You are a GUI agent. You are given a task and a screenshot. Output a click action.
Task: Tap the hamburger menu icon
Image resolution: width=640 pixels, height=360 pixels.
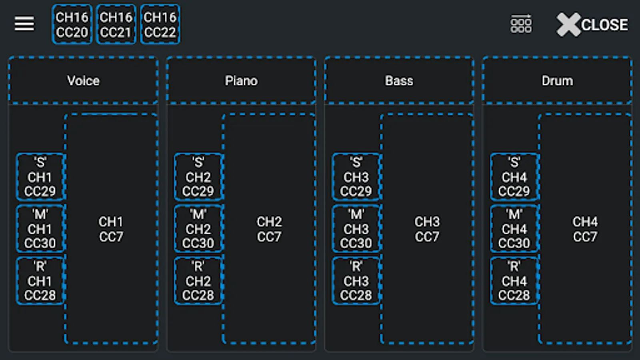point(24,24)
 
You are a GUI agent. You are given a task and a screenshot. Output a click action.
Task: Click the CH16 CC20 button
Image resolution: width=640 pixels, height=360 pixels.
point(72,24)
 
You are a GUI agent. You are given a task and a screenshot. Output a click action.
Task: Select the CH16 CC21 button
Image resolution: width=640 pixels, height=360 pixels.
point(116,24)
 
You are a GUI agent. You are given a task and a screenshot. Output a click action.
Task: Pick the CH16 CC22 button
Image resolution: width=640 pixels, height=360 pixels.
point(160,24)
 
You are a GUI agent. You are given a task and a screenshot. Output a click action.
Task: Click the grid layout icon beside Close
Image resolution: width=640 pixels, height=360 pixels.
point(521,24)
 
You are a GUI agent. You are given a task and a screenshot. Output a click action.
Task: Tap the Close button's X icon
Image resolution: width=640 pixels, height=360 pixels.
point(568,24)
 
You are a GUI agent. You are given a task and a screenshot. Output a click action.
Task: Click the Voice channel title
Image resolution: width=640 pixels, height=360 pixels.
point(83,80)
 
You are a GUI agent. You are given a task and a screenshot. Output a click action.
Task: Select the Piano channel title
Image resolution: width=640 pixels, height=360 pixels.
point(241,80)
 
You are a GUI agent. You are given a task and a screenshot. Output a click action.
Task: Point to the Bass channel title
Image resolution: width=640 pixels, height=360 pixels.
point(399,80)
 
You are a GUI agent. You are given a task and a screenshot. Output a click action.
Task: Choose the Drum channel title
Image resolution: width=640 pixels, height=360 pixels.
point(557,80)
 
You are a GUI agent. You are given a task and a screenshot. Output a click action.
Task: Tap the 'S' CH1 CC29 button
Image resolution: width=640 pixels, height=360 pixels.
point(40,177)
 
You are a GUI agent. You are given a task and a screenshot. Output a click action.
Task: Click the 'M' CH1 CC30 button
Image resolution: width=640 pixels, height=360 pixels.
point(40,229)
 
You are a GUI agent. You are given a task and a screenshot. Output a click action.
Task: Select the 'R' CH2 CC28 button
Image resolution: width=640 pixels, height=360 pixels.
point(198,281)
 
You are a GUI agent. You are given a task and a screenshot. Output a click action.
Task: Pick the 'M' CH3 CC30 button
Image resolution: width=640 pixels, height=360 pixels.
point(356,229)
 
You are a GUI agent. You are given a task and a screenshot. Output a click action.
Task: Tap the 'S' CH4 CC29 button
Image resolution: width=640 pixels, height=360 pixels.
point(514,177)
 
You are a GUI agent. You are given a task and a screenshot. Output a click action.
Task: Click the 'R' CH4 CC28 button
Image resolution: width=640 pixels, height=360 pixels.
point(514,281)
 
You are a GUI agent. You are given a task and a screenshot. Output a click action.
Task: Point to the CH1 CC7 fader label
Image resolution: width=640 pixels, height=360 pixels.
point(111,229)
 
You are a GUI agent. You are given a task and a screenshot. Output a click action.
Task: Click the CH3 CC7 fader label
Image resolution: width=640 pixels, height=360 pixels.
point(427,229)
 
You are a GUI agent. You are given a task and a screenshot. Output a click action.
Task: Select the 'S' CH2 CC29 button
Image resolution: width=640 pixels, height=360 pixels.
point(198,177)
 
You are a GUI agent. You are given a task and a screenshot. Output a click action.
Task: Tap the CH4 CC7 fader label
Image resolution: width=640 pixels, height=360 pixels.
point(585,229)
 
